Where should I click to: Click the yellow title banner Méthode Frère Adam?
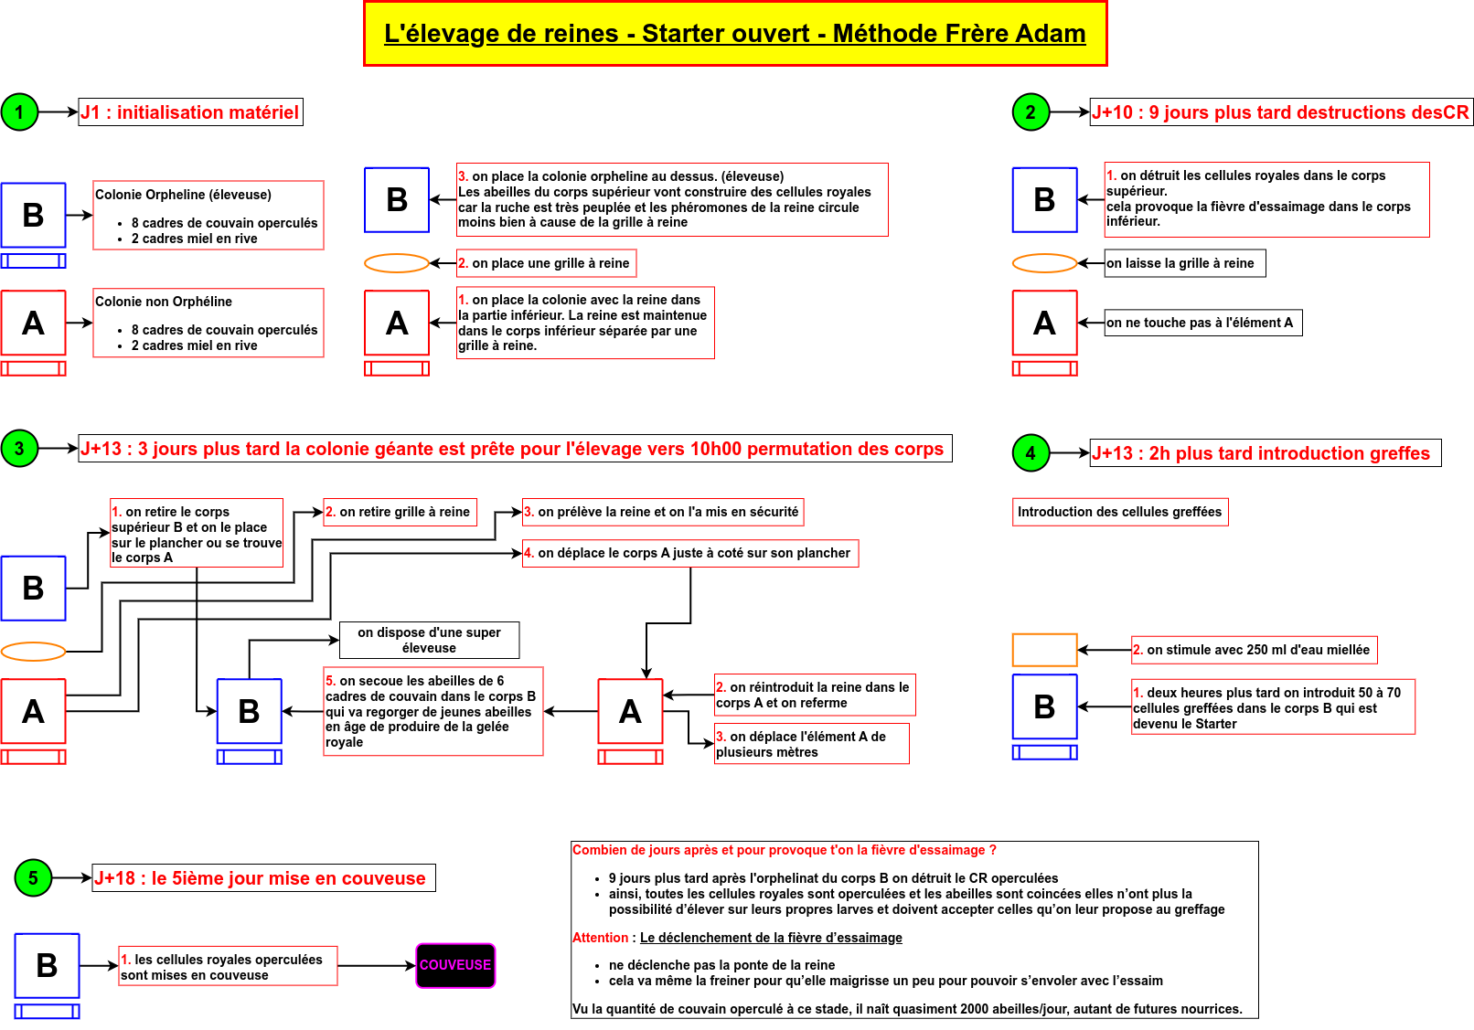click(x=735, y=34)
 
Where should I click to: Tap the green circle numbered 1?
click(x=19, y=112)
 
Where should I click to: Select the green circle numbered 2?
click(x=1031, y=112)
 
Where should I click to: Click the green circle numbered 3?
click(x=19, y=449)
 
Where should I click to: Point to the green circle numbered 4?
click(x=1031, y=453)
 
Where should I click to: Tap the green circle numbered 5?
click(x=33, y=878)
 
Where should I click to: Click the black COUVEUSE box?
click(x=455, y=965)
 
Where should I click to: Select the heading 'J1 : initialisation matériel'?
click(x=190, y=112)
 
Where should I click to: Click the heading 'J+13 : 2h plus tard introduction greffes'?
click(x=1266, y=453)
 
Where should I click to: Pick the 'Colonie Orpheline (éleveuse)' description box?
click(x=208, y=216)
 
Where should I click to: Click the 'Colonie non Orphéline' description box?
click(x=208, y=323)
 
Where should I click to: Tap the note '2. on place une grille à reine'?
click(x=546, y=263)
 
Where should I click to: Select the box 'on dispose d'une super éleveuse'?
click(x=429, y=640)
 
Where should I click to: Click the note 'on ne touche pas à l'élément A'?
click(x=1202, y=323)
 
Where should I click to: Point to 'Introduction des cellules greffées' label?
click(x=1120, y=512)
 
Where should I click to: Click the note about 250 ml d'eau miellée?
click(x=1254, y=650)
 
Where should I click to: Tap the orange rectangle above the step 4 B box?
click(x=1044, y=650)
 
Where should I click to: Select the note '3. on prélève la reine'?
click(x=663, y=512)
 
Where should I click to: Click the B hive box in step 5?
click(x=47, y=965)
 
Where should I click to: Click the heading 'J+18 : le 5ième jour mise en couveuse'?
click(x=263, y=878)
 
